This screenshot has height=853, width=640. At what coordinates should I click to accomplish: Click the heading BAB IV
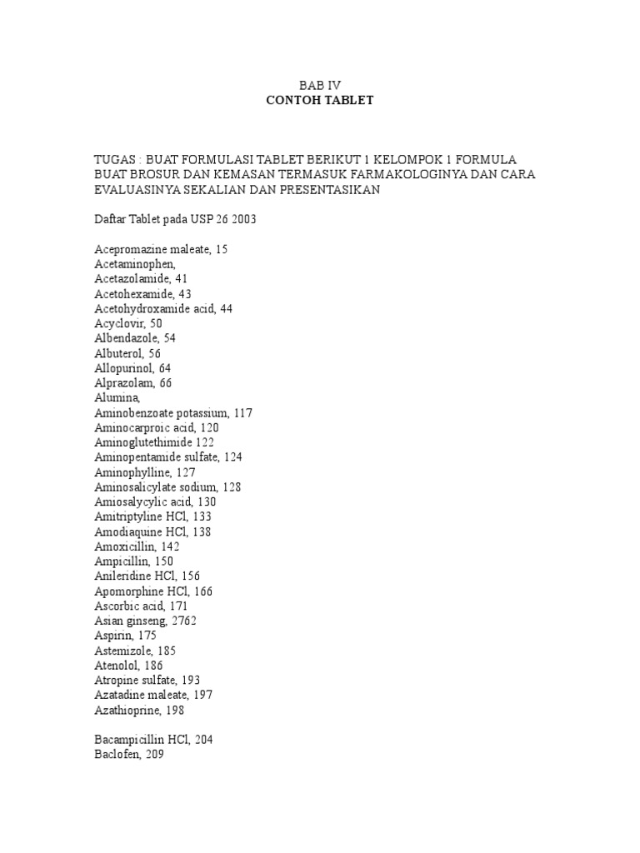[x=320, y=85]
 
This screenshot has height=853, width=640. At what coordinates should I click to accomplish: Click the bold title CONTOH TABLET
[x=320, y=100]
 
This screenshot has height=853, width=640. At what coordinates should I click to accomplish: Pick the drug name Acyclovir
[x=118, y=323]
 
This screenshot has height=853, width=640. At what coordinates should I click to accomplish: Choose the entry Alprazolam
[x=123, y=383]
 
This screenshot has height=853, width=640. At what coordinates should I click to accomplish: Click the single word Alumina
[x=115, y=398]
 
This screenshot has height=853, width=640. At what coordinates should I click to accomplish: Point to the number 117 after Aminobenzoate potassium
[x=243, y=413]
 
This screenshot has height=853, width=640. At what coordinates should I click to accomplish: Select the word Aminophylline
[x=133, y=472]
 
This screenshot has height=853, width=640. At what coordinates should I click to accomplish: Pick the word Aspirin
[x=112, y=636]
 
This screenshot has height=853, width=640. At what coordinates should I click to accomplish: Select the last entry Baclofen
[x=116, y=755]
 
